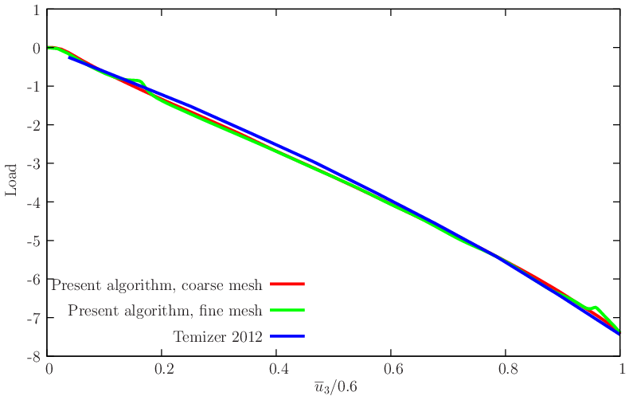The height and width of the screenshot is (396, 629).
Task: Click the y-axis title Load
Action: (11, 182)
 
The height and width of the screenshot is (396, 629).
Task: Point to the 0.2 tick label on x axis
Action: (162, 371)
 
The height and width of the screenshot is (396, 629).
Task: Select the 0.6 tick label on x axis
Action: (391, 371)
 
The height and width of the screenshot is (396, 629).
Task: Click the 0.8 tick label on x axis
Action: (506, 371)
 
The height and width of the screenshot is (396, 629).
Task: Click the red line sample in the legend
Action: (287, 284)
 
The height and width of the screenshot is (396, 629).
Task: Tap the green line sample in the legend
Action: (287, 310)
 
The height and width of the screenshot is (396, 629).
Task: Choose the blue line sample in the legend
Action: (287, 336)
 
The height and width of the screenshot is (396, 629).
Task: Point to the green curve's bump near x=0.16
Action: (139, 80)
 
